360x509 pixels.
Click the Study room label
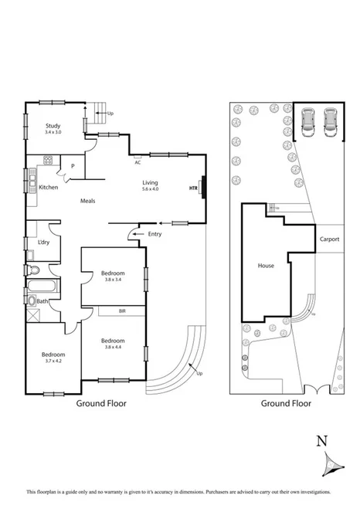[x=53, y=128]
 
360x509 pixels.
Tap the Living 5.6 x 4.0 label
[x=150, y=185]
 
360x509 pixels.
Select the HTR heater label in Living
[x=193, y=188]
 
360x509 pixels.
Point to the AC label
[x=138, y=162]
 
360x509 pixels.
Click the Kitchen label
[x=49, y=188]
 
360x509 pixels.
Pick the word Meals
[x=88, y=201]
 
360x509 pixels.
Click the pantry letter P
[x=73, y=165]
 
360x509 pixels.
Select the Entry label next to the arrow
[x=155, y=233]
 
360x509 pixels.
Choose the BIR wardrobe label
[x=121, y=310]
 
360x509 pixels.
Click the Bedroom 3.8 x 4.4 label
[x=112, y=343]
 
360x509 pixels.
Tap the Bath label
[x=42, y=301]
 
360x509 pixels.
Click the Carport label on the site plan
[x=330, y=239]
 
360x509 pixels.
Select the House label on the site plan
[x=266, y=266]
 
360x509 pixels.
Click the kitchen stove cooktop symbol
[x=48, y=161]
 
